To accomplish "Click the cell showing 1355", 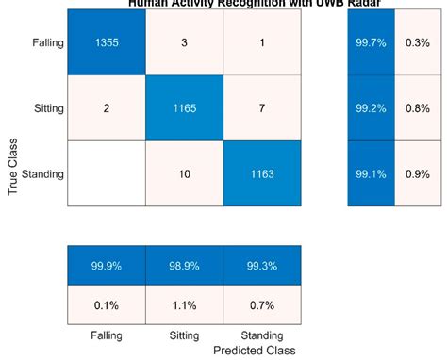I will pyautogui.click(x=106, y=42).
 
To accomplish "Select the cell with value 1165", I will pyautogui.click(x=184, y=107).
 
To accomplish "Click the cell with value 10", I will pyautogui.click(x=184, y=173).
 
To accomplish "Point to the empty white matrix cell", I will pyautogui.click(x=106, y=173).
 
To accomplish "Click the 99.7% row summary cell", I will pyautogui.click(x=370, y=42).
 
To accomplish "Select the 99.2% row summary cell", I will pyautogui.click(x=370, y=107).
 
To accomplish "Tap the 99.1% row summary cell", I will pyautogui.click(x=370, y=173).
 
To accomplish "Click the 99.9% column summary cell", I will pyautogui.click(x=106, y=266).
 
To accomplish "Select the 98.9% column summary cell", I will pyautogui.click(x=184, y=266).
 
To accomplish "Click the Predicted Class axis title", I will pyautogui.click(x=255, y=350).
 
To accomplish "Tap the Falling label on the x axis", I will pyautogui.click(x=106, y=335).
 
